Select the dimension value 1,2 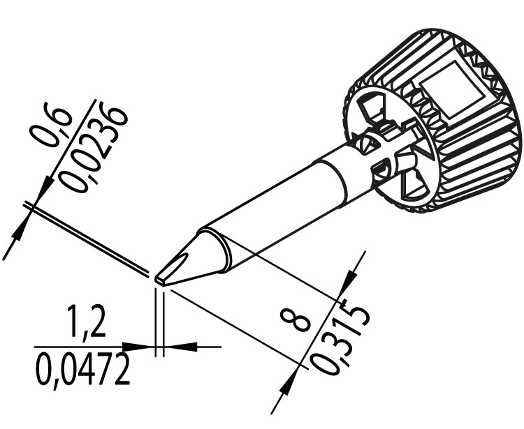[x=86, y=322]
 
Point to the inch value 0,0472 [x=82, y=370]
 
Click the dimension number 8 [x=296, y=320]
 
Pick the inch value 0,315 [x=340, y=337]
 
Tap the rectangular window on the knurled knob [x=452, y=89]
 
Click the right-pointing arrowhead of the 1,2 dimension [x=136, y=347]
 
